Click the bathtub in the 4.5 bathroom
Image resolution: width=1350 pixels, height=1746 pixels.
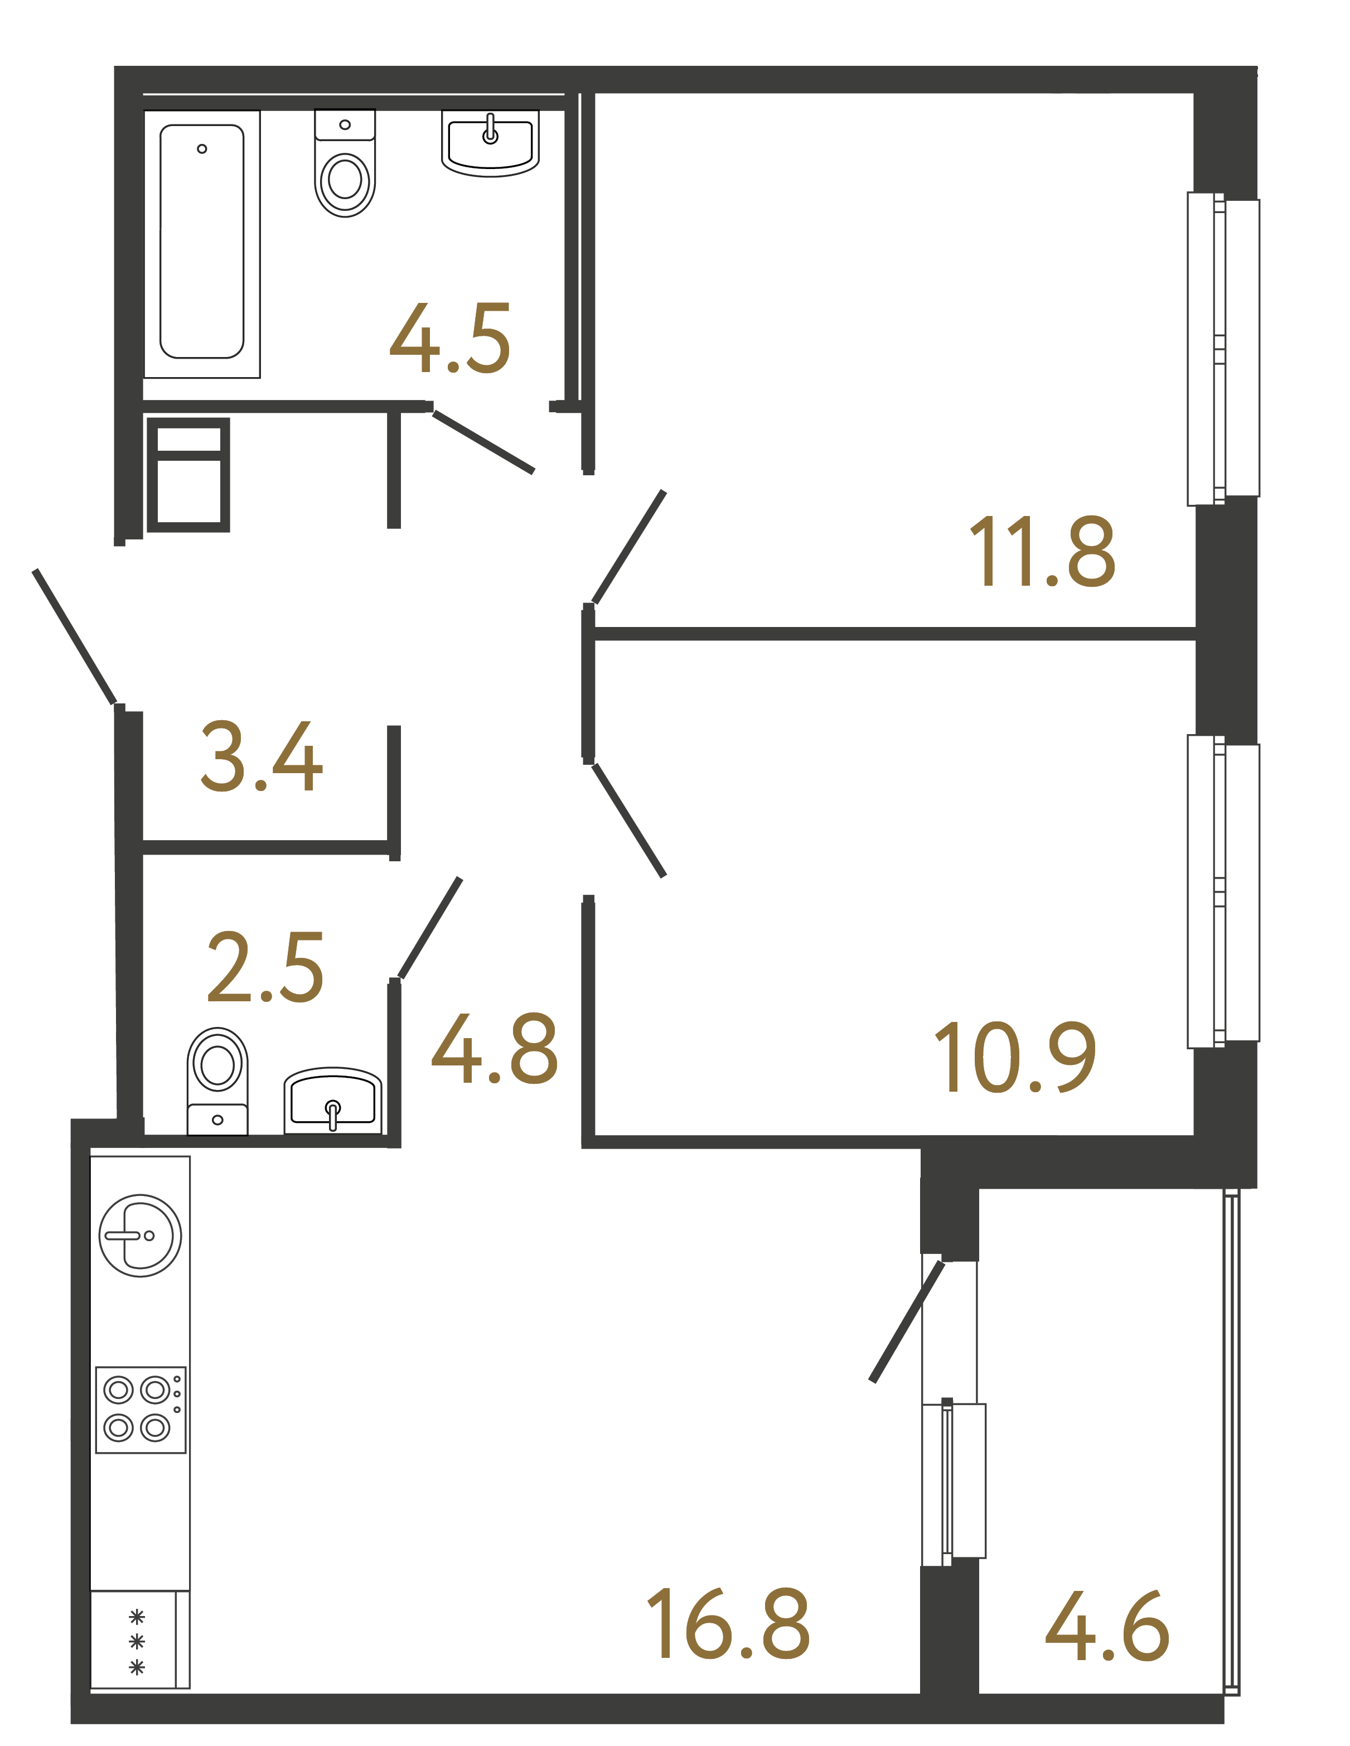[x=201, y=242]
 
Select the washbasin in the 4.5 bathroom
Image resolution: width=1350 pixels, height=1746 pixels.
[x=490, y=144]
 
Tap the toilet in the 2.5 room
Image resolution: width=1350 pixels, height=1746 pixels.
[x=217, y=1079]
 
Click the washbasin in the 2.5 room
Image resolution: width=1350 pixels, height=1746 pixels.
[x=332, y=1100]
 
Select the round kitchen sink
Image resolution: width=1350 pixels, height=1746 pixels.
[x=140, y=1235]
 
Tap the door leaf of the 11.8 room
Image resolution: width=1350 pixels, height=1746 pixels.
[x=628, y=548]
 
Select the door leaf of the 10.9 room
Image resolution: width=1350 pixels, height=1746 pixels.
[x=628, y=819]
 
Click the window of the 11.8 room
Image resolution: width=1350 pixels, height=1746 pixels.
[x=1222, y=349]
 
